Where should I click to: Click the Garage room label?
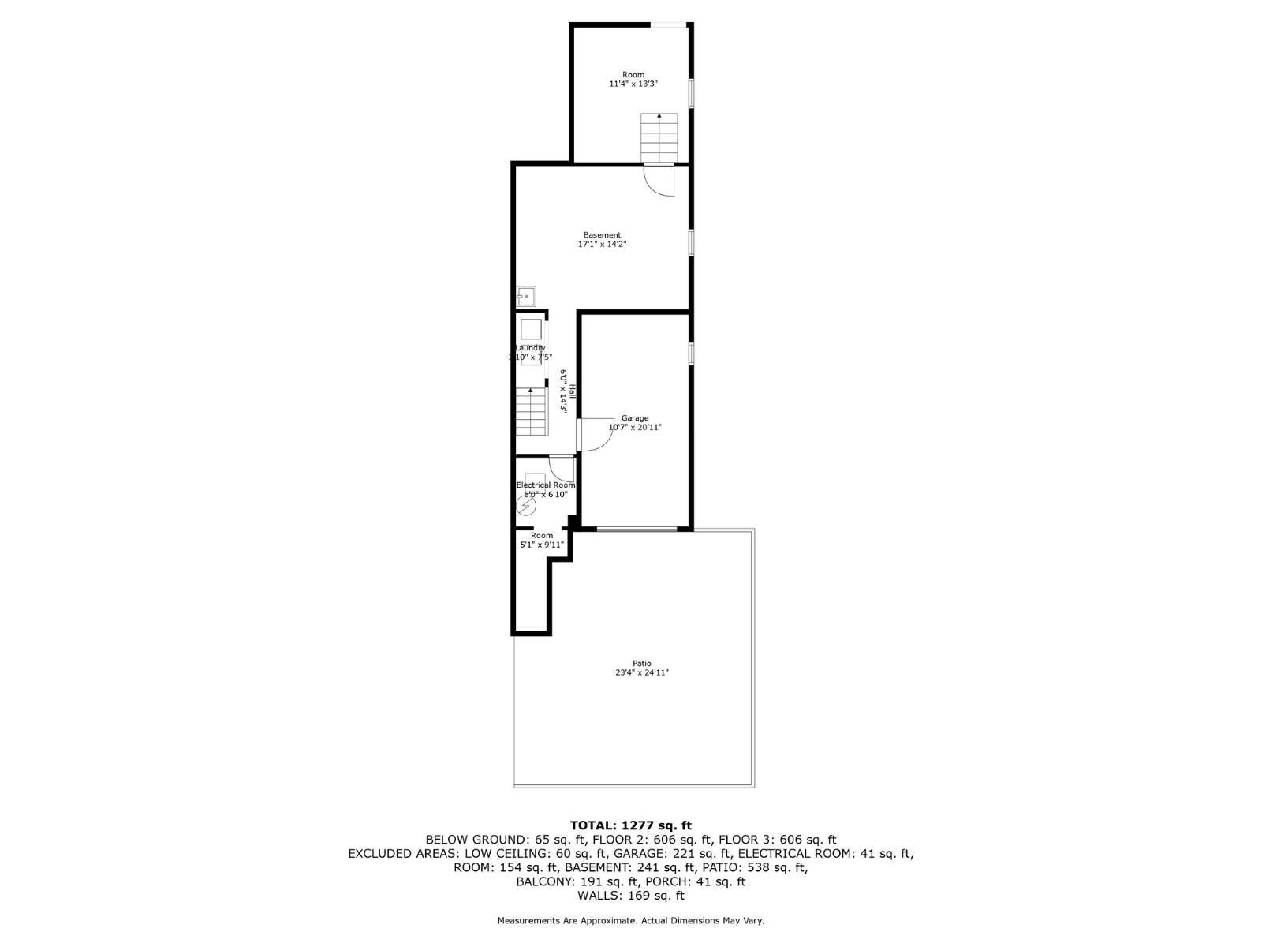(x=635, y=418)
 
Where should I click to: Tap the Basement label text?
(x=603, y=235)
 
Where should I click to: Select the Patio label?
(x=642, y=664)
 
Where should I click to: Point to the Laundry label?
(x=530, y=348)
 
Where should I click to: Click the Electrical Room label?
(x=546, y=485)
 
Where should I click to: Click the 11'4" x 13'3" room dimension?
(x=633, y=84)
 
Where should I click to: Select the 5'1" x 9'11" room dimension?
(x=542, y=545)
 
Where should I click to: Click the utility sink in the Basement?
(x=526, y=297)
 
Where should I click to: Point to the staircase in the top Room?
(x=659, y=137)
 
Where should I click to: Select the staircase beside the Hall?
(x=532, y=411)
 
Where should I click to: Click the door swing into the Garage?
(x=596, y=435)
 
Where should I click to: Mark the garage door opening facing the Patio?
(x=637, y=529)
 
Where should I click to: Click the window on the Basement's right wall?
(x=691, y=242)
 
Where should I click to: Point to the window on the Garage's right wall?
(x=691, y=353)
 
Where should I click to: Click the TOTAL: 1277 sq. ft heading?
(x=631, y=825)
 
